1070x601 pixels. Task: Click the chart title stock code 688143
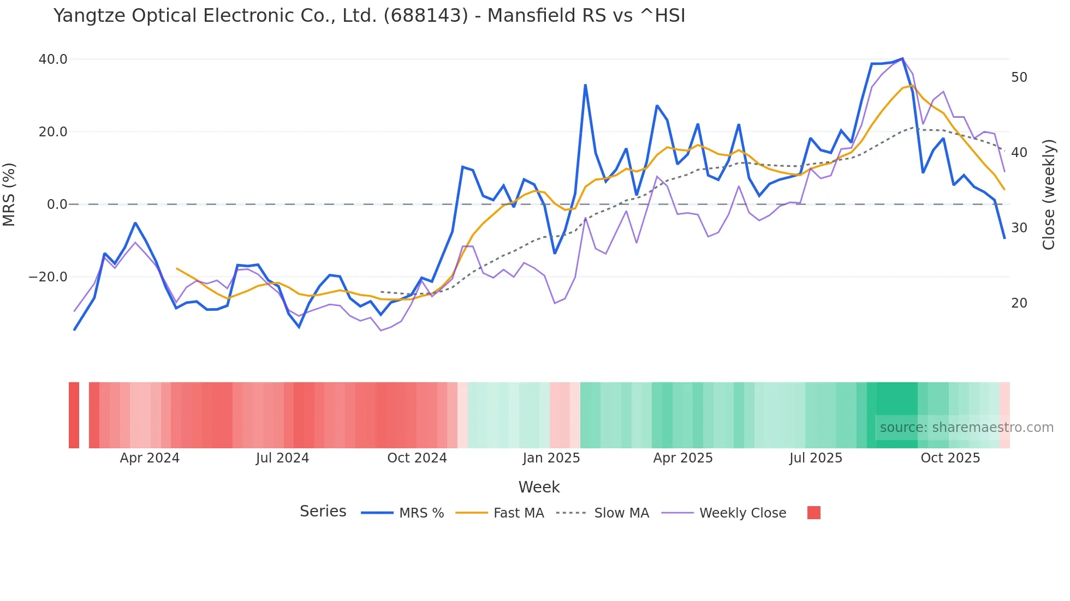point(426,16)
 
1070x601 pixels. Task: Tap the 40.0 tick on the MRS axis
point(53,59)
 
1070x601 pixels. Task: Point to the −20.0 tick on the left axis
point(48,277)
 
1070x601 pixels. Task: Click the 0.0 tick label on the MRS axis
point(57,205)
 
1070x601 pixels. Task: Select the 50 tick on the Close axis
point(1019,77)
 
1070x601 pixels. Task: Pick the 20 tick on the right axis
point(1019,303)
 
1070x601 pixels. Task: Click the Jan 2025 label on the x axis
point(551,458)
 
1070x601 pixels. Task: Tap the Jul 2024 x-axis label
point(282,458)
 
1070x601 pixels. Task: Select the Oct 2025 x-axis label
point(950,458)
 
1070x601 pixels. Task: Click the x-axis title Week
point(539,487)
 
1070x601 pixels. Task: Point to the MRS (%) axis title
point(9,194)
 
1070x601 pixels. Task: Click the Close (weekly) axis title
point(1048,194)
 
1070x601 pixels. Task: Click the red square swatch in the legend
point(813,513)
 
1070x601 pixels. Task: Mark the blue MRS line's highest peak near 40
point(902,58)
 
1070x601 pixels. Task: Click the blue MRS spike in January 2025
point(585,85)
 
